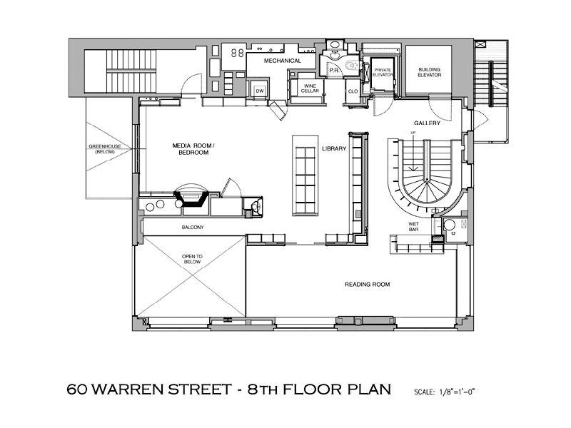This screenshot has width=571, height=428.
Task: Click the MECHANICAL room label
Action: pyautogui.click(x=282, y=61)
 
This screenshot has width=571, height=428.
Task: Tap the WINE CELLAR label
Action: pyautogui.click(x=310, y=88)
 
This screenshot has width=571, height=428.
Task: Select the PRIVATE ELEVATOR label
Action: pyautogui.click(x=383, y=72)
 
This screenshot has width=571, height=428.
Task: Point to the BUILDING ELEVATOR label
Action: pyautogui.click(x=430, y=72)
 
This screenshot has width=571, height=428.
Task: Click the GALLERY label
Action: pyautogui.click(x=427, y=123)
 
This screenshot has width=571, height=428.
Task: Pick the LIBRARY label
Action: pyautogui.click(x=334, y=148)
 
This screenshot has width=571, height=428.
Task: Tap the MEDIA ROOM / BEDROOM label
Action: pyautogui.click(x=193, y=149)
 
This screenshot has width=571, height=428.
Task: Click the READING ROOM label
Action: pyautogui.click(x=367, y=284)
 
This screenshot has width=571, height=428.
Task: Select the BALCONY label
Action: pyautogui.click(x=193, y=227)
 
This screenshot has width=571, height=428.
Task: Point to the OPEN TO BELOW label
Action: pyautogui.click(x=192, y=259)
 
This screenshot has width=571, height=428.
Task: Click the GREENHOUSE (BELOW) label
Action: pyautogui.click(x=105, y=149)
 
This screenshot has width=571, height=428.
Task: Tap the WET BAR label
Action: pyautogui.click(x=413, y=227)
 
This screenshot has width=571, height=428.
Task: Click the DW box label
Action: pyautogui.click(x=260, y=91)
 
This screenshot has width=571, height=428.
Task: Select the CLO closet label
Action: pyautogui.click(x=353, y=91)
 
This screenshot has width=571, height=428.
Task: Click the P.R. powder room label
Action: pyautogui.click(x=334, y=70)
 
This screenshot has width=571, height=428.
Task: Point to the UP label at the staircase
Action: pyautogui.click(x=413, y=133)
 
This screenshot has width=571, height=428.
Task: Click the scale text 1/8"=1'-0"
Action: pyautogui.click(x=457, y=392)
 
